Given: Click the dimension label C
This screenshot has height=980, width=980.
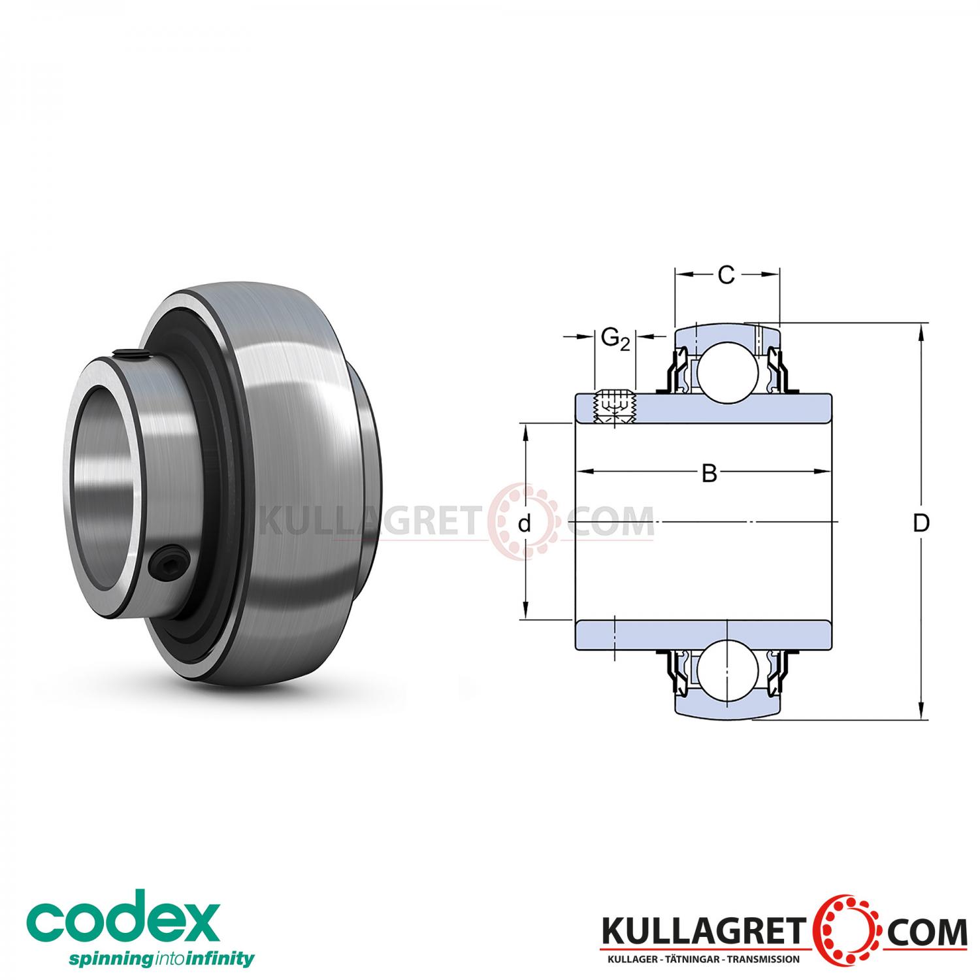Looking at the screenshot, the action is coord(726,276).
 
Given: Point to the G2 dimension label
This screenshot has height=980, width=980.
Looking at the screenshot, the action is coord(615,339).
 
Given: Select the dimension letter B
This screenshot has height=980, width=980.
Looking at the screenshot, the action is coord(709,473).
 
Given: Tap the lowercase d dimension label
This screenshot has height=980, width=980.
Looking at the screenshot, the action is coord(523,524).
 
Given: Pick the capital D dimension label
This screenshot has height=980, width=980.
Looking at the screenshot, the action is coord(921,523).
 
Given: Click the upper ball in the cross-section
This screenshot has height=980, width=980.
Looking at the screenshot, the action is coord(727,372).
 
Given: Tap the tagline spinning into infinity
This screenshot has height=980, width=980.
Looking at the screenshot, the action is coord(143,959).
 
